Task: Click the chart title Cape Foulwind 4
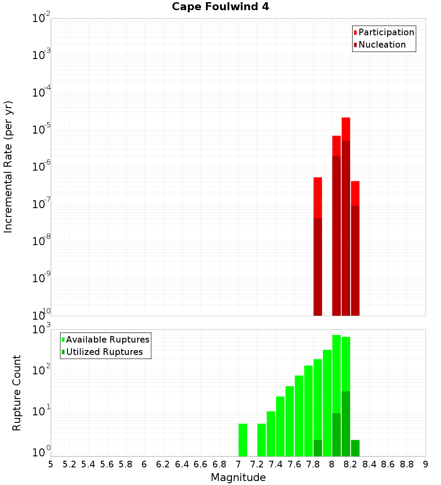(x=220, y=7)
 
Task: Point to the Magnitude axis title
(x=238, y=478)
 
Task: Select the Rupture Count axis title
(x=17, y=392)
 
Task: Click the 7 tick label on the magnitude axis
(x=238, y=464)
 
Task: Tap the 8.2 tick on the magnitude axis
(x=351, y=464)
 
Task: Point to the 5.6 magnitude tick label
(x=107, y=464)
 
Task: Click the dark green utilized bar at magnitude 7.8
(x=318, y=448)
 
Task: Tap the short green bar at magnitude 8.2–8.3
(x=355, y=448)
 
